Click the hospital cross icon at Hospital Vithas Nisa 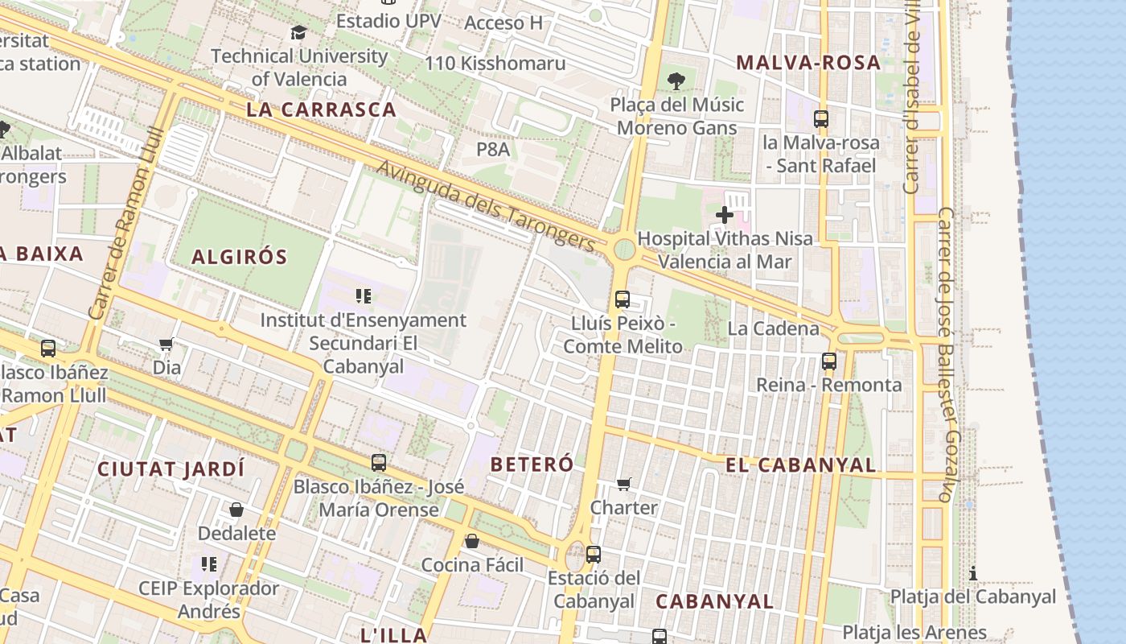click(724, 215)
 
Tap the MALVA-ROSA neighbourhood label click(808, 63)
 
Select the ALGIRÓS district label click(239, 258)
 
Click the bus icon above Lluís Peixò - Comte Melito click(622, 299)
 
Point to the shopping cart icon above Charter click(624, 484)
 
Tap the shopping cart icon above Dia click(166, 345)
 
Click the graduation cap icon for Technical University click(298, 33)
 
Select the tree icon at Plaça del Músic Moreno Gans click(676, 80)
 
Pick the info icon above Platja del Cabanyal click(973, 573)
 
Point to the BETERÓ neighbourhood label click(532, 464)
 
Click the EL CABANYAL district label click(800, 465)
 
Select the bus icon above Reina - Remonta click(829, 361)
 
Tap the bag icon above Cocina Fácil click(472, 541)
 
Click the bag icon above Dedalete click(236, 510)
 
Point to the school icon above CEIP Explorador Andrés click(209, 564)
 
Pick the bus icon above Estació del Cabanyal click(594, 555)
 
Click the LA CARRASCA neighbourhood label click(322, 110)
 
